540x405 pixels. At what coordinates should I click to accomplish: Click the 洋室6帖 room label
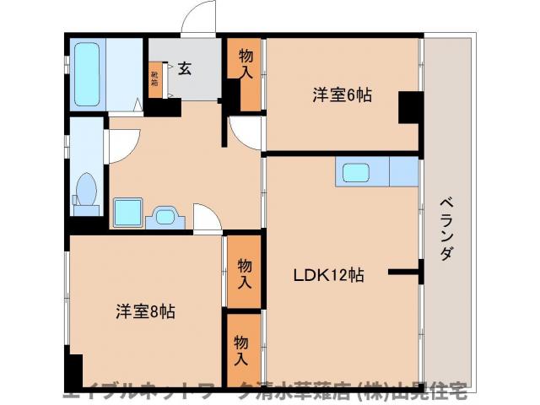pos(343,95)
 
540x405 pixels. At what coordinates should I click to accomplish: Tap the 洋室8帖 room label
pos(146,311)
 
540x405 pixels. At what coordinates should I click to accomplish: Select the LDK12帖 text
pos(329,275)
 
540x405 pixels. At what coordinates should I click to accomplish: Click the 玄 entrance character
pos(185,68)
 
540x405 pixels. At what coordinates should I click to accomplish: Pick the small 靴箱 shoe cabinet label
pos(154,79)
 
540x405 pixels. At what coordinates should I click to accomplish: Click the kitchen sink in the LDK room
pos(354,172)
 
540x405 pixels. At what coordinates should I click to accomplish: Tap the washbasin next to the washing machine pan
pos(166,217)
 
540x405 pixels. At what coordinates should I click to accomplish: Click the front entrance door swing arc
pos(200,18)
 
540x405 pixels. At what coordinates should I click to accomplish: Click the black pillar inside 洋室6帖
pos(410,106)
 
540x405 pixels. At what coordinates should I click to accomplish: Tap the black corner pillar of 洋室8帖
pos(74,371)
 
